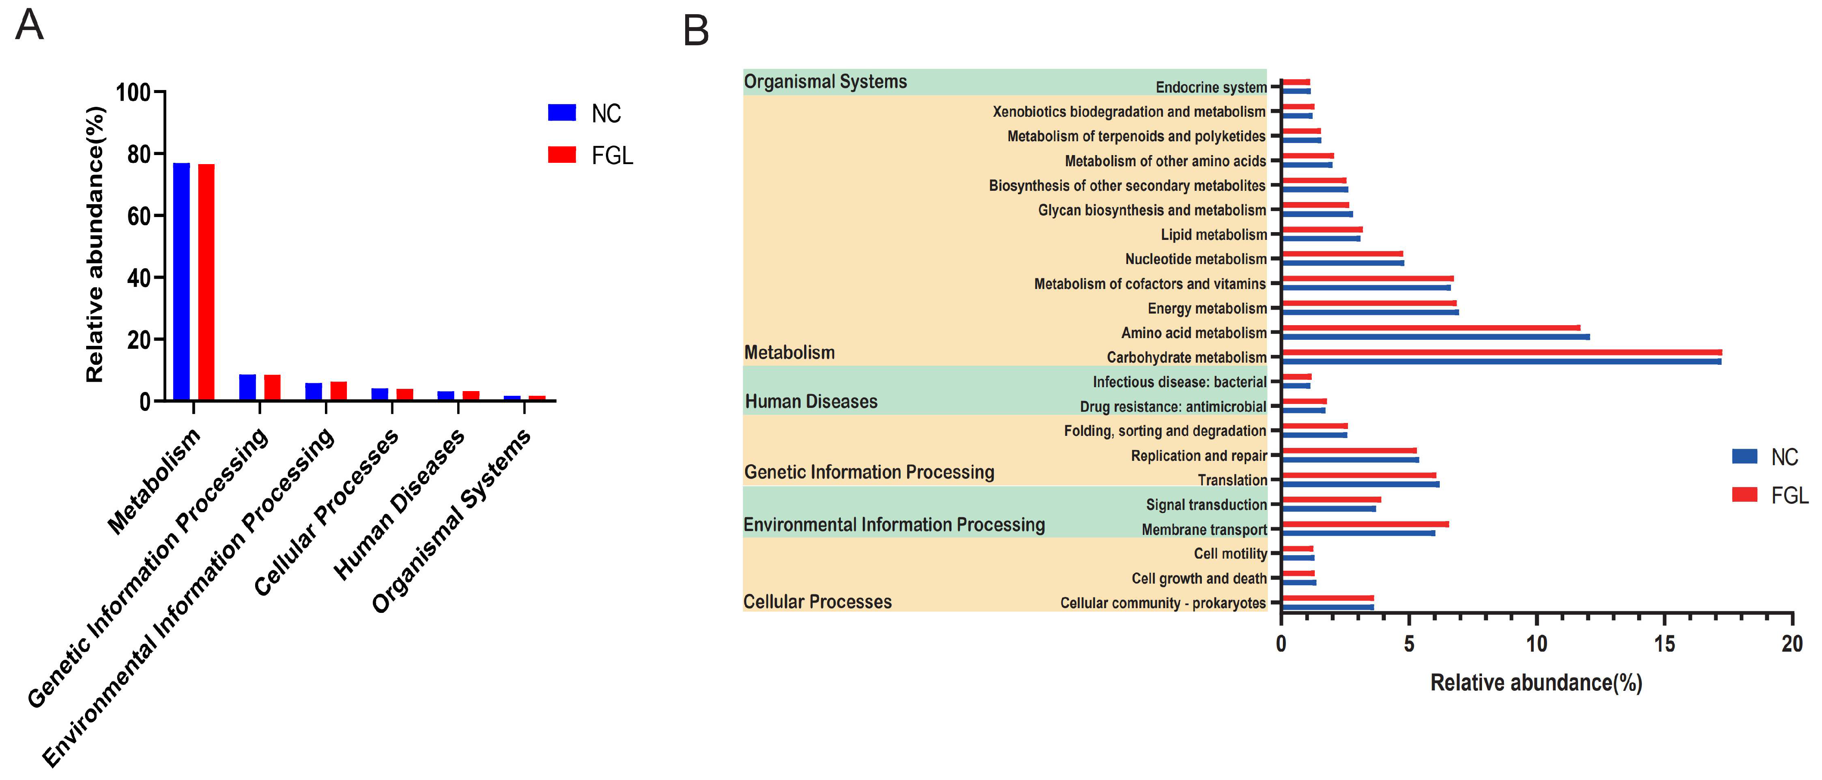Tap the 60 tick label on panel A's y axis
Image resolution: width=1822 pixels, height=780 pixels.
point(139,216)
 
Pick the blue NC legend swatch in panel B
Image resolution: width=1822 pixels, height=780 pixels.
point(1744,456)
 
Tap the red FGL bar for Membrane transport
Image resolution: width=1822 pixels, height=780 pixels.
point(1365,524)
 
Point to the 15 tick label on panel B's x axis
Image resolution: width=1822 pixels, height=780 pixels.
point(1664,644)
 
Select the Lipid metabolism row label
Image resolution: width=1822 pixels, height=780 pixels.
point(1214,235)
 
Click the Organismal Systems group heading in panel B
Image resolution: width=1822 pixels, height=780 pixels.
point(825,82)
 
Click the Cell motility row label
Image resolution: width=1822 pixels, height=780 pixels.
point(1230,554)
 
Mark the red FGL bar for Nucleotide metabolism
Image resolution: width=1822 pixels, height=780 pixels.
point(1342,253)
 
